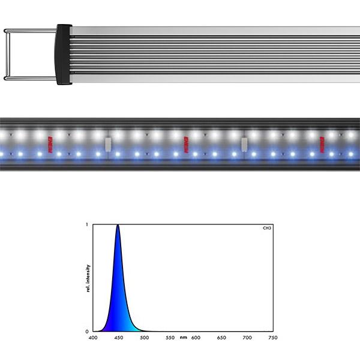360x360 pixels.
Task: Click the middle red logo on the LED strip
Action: tap(186, 143)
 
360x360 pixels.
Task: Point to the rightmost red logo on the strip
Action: tap(321, 144)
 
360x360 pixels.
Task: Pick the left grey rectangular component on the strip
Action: tap(108, 144)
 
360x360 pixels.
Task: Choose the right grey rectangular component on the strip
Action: tap(244, 144)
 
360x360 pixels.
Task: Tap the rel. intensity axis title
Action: tap(88, 278)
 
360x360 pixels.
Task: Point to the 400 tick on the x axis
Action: tap(93, 338)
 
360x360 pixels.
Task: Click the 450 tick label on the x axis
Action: tap(118, 338)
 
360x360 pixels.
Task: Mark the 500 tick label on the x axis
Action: tap(144, 338)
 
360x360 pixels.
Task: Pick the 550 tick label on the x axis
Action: tap(170, 338)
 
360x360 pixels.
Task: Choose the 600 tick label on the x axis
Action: tap(196, 338)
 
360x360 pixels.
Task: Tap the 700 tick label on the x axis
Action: tap(247, 338)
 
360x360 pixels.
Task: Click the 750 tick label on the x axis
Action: tap(272, 338)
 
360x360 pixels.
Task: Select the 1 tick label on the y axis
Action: tap(88, 225)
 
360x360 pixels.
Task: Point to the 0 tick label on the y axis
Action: tap(88, 331)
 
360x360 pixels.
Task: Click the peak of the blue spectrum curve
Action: tap(118, 226)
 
